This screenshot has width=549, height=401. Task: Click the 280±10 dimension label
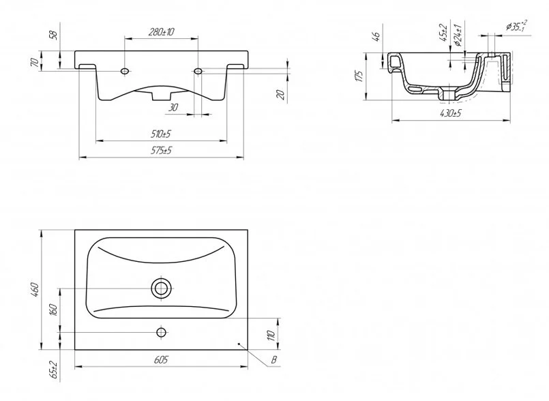coord(161,32)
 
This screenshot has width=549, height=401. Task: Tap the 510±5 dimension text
coord(161,134)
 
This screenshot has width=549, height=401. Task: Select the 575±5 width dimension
coord(161,151)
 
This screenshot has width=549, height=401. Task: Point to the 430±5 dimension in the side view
coord(450,113)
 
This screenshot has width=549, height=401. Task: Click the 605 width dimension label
coord(161,359)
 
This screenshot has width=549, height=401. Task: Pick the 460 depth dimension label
coord(35,290)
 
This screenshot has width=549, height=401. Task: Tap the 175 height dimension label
coord(359,76)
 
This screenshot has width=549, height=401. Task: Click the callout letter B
coord(274,360)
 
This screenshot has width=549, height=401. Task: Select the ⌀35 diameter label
coord(516,25)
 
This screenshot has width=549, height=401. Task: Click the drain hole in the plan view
coord(161,288)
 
